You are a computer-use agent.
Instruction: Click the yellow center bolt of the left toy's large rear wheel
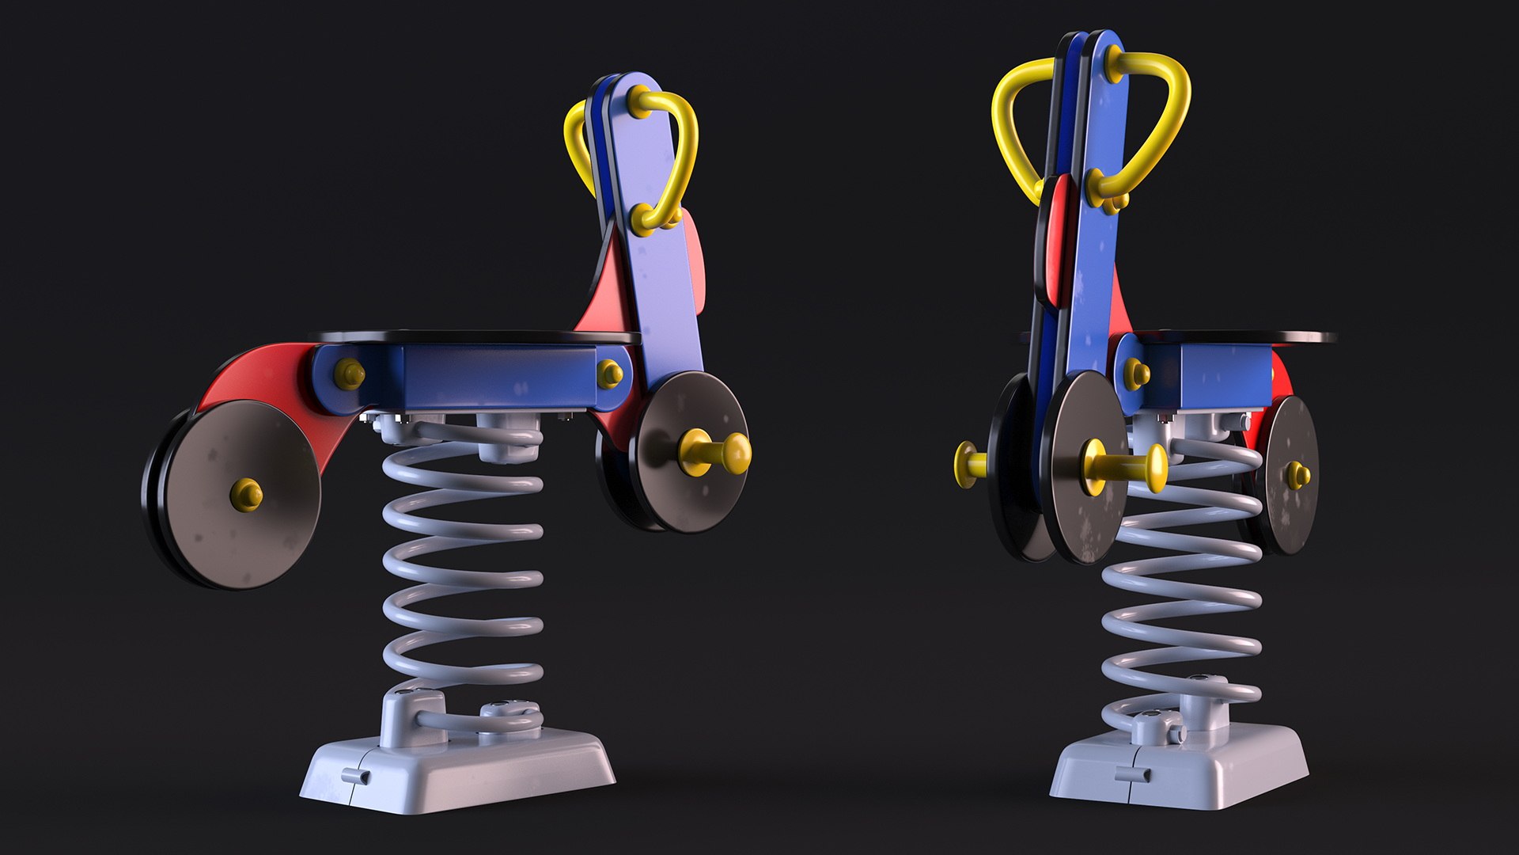pos(246,493)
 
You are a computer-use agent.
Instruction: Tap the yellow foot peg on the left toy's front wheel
pos(716,452)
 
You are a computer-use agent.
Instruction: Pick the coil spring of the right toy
pos(1183,586)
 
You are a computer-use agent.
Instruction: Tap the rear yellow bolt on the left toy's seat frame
pos(348,374)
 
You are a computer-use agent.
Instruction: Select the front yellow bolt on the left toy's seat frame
pos(609,374)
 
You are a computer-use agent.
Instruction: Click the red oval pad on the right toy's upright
pos(1053,241)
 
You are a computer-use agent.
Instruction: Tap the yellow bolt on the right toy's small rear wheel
pos(1297,475)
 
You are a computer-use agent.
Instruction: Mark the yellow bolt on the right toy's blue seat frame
pos(1137,372)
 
